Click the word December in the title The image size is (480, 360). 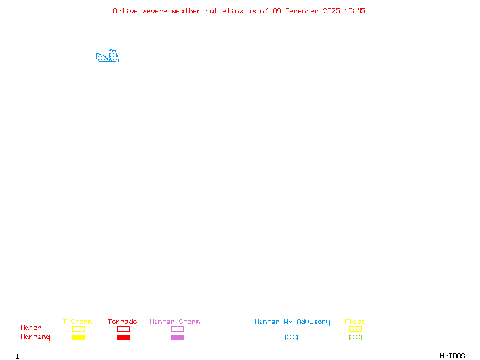coord(302,11)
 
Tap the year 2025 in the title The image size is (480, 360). coord(331,11)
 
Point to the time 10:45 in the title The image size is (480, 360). coord(355,11)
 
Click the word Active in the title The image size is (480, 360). coord(125,11)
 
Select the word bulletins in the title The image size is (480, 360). coord(224,11)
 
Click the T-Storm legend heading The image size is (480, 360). coord(77,322)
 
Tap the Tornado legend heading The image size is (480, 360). coord(122,322)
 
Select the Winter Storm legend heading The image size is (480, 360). coord(175,322)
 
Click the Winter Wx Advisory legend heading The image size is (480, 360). coord(292,322)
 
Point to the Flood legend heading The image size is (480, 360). coord(355,322)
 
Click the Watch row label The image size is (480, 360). coord(31,328)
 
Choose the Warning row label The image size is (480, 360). coord(35,337)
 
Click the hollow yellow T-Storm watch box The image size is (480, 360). coord(79,329)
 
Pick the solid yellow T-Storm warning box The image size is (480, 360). coord(79,337)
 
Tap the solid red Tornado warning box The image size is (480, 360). coord(124,337)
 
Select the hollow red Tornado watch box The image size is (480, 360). coord(124,329)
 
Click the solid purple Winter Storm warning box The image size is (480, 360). coord(177,337)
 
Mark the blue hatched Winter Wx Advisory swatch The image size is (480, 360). coord(291,337)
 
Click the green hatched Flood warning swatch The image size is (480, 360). coord(355,337)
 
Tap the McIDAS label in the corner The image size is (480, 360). coord(452,356)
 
